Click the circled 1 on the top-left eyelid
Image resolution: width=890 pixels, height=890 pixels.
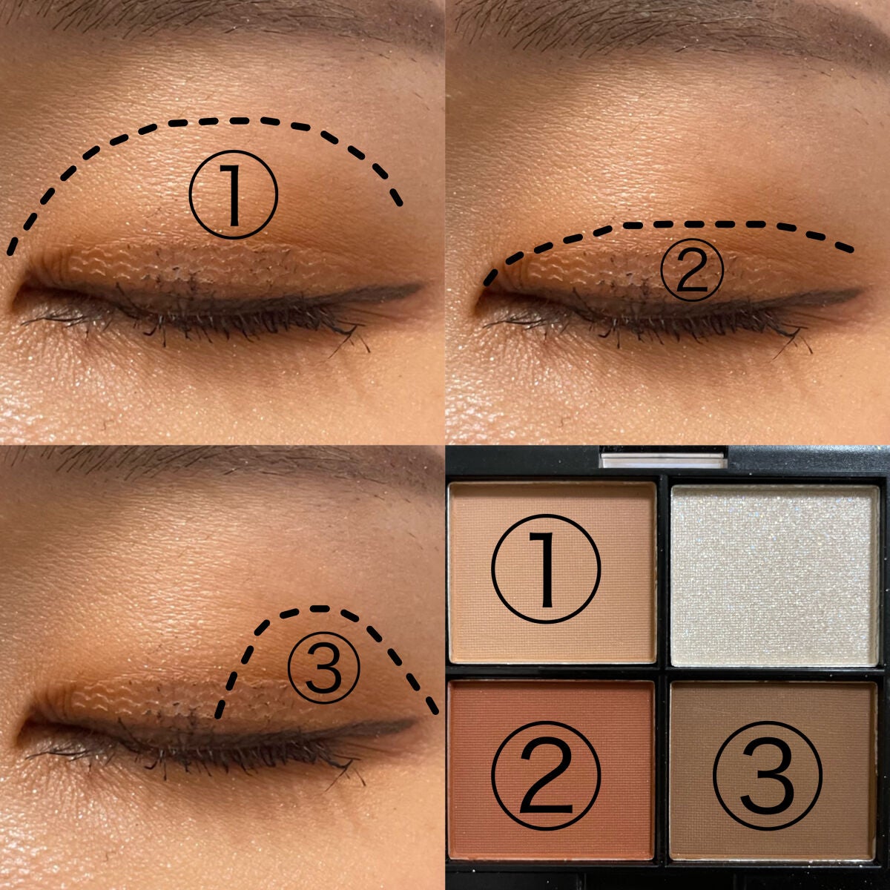[233, 194]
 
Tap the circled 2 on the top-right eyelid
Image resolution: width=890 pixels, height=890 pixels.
[692, 270]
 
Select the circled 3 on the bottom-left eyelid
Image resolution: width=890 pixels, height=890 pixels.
[323, 667]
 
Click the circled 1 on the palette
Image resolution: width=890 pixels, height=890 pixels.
[546, 569]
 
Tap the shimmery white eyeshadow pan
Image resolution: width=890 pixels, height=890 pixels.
[774, 575]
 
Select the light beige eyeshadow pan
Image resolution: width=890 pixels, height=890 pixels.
[552, 573]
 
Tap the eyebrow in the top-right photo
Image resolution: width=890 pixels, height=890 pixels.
[670, 21]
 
